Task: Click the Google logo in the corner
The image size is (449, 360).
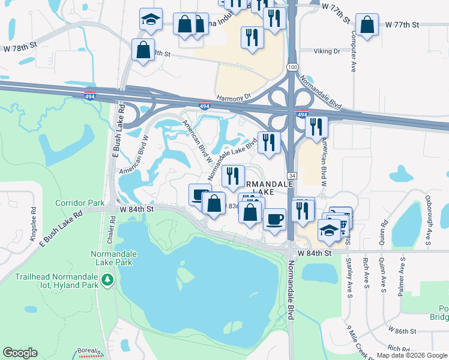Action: point(20,353)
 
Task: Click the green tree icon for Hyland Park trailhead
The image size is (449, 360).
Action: point(107,280)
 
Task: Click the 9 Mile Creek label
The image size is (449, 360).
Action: point(360,338)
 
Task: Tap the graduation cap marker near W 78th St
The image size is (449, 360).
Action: point(151,20)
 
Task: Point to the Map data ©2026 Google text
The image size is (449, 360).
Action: point(411,355)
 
